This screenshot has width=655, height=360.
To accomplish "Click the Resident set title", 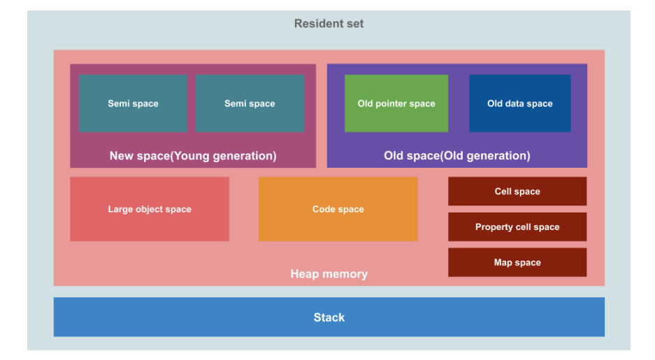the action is (329, 23).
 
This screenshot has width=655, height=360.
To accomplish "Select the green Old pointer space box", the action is (396, 103).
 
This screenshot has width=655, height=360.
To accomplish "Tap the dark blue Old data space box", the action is (519, 103).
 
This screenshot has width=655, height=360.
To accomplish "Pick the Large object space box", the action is (150, 209).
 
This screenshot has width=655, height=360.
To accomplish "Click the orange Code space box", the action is (338, 209).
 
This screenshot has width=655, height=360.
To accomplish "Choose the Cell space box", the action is (517, 192).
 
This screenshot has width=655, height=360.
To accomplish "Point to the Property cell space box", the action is (517, 226).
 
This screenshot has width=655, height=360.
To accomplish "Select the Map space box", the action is (517, 262).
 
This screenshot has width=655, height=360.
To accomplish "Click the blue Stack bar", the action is (329, 317).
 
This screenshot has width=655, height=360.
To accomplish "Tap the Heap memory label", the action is (329, 274).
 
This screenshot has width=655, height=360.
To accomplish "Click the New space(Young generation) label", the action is (193, 156).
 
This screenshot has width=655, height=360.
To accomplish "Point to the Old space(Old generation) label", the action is (457, 156).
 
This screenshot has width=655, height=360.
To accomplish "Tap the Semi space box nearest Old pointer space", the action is (250, 103).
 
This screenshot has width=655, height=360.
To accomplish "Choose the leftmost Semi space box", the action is (133, 103).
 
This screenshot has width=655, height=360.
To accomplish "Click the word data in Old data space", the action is (514, 103).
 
